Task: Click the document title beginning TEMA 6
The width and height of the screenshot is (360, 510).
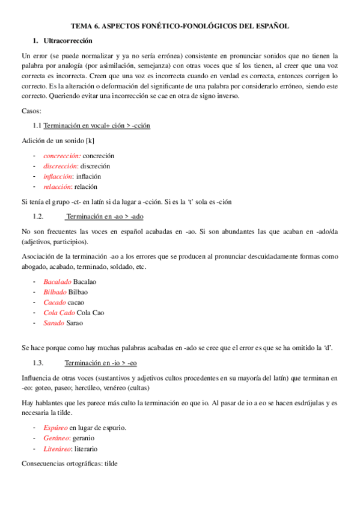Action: pos(180,26)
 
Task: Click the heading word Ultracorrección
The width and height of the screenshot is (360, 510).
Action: pos(69,41)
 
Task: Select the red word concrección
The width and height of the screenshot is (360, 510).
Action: pos(62,156)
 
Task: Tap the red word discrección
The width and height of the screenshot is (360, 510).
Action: pos(61,166)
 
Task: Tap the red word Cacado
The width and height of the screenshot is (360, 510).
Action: pos(54,302)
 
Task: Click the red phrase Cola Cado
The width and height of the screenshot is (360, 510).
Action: pos(59,312)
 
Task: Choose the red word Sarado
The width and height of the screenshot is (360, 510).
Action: pos(53,322)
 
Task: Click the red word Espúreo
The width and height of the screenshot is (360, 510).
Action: pos(55,428)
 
